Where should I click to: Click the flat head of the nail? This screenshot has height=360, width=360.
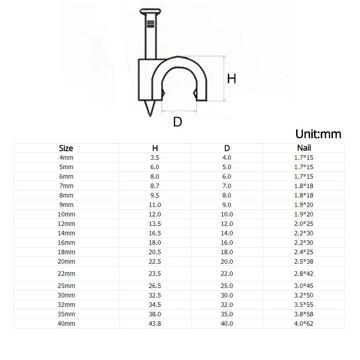150,12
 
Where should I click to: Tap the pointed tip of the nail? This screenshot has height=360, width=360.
150,116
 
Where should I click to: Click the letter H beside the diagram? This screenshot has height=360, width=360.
231,79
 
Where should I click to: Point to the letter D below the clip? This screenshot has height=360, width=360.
177,121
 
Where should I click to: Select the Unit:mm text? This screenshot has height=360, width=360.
318,134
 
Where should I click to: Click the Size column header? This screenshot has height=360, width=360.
66,148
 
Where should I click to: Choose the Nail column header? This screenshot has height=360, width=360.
304,148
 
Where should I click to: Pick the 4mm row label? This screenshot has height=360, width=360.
66,158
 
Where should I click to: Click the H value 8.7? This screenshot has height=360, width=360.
155,186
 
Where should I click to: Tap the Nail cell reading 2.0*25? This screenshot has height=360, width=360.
303,224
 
